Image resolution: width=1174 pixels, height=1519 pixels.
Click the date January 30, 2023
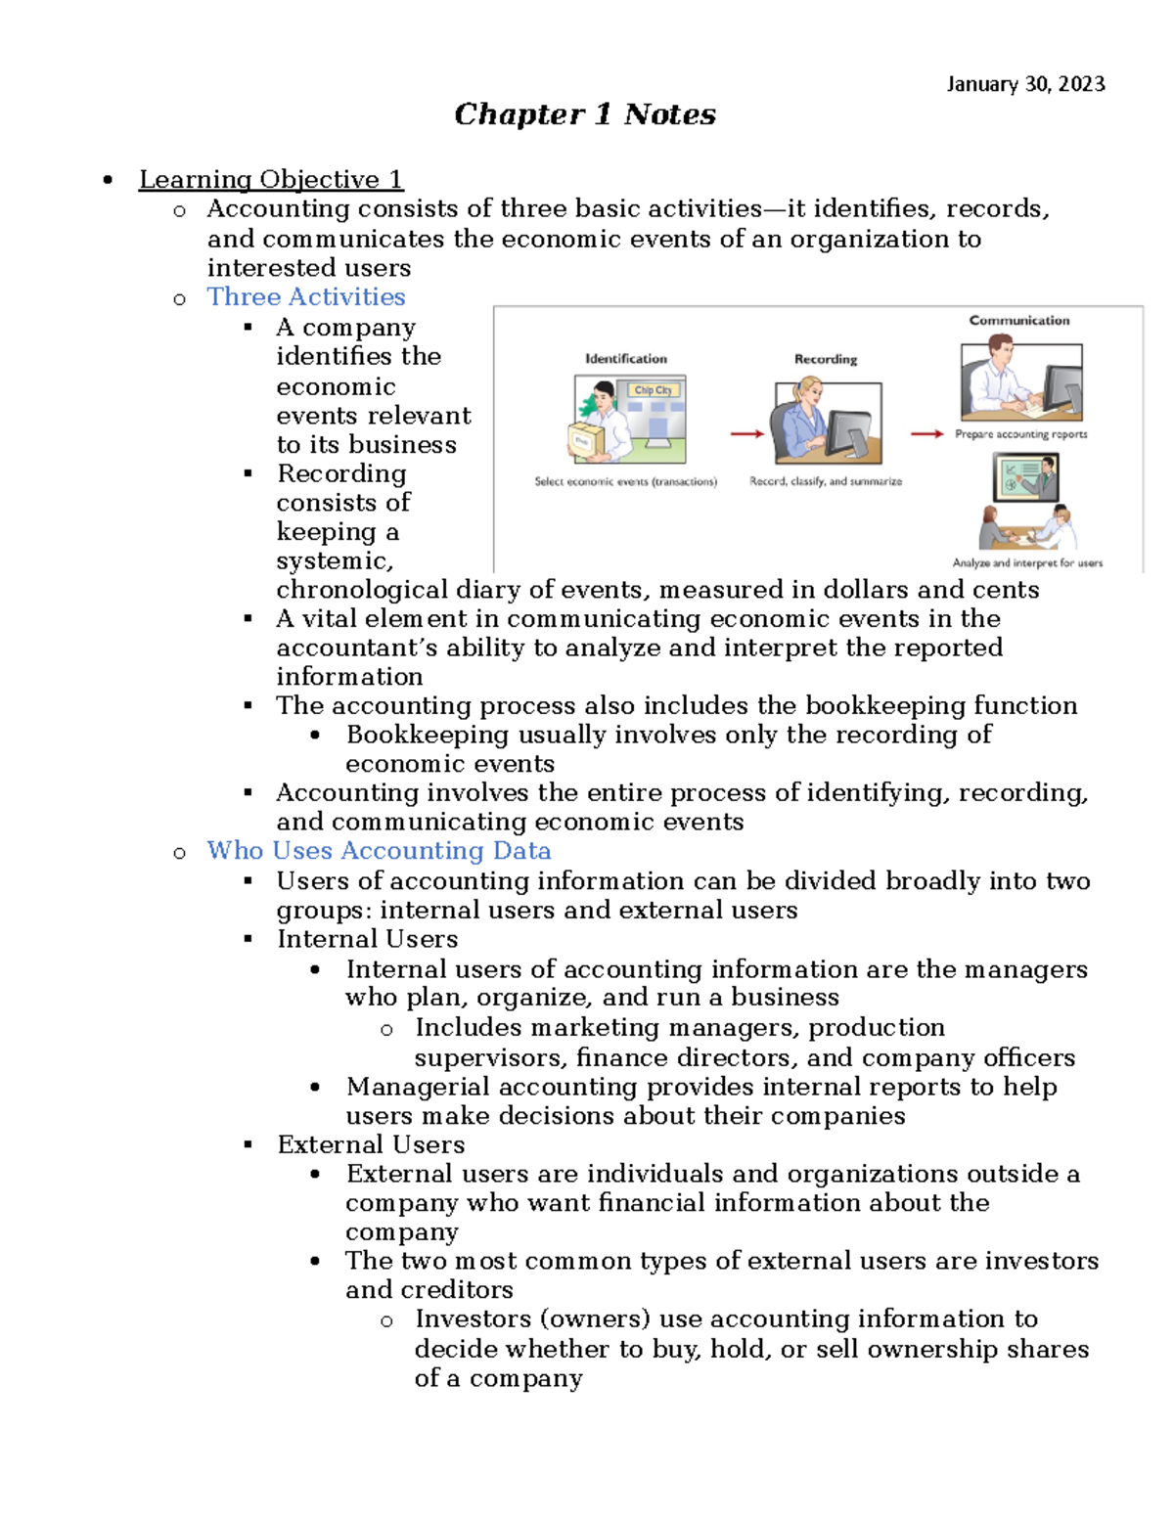click(1025, 84)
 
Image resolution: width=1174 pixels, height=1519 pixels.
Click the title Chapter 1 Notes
click(584, 114)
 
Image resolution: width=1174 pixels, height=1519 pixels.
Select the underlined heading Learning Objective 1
click(270, 180)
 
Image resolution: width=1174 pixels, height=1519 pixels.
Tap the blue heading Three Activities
click(305, 296)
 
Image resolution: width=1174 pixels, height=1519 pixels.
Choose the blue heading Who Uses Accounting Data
click(379, 851)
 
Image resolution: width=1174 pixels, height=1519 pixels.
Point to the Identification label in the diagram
click(625, 359)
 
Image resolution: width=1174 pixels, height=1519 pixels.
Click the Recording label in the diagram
click(825, 359)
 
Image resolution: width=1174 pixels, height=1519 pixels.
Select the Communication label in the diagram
click(1018, 321)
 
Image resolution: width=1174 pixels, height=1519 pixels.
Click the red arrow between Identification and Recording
click(746, 433)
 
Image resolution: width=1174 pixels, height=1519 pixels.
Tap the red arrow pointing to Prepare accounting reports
click(926, 433)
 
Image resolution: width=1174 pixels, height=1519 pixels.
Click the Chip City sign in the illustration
click(653, 390)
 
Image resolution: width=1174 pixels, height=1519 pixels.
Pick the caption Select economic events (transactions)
click(625, 481)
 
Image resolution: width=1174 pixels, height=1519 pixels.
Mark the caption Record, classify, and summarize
click(825, 481)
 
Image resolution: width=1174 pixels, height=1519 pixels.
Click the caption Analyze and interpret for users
click(1027, 562)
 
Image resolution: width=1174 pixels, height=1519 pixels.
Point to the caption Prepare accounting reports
click(1020, 434)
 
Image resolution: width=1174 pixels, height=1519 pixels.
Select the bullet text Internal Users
click(367, 939)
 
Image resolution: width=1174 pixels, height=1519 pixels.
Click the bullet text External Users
click(371, 1144)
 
